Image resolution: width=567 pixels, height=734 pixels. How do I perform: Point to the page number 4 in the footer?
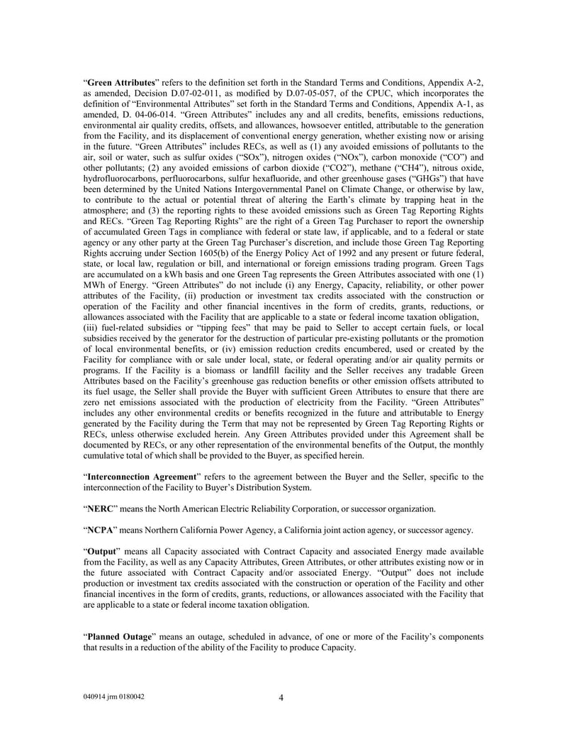click(281, 697)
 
